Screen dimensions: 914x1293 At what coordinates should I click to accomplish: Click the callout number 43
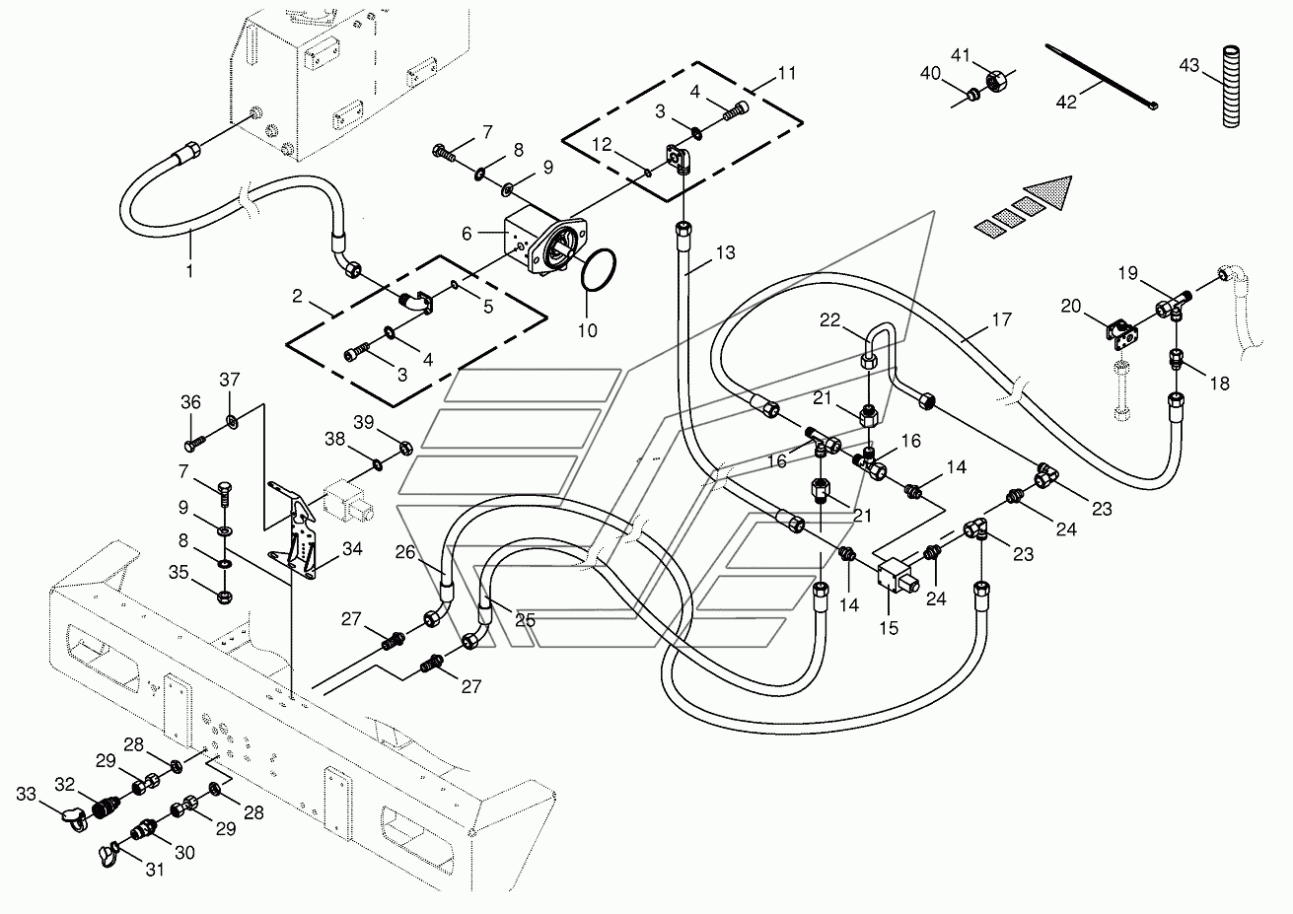(1189, 65)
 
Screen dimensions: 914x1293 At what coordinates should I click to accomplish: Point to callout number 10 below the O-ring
(587, 331)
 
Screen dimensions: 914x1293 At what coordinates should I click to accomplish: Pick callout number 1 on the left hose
(190, 268)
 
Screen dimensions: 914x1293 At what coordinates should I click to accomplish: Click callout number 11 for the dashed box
(786, 74)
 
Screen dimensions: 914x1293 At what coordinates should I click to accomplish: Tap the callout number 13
(725, 253)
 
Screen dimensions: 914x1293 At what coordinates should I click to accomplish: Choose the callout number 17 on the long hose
(1001, 319)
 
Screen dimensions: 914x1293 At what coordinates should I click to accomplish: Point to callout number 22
(830, 319)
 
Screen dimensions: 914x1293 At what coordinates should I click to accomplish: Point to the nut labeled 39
(404, 449)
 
